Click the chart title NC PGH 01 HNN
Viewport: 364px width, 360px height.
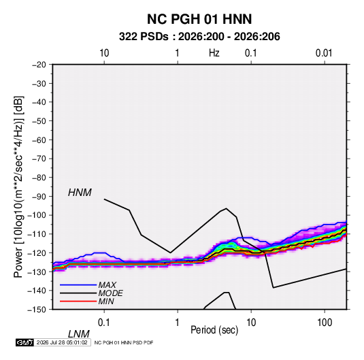(x=199, y=19)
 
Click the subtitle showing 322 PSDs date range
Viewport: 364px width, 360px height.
(x=199, y=37)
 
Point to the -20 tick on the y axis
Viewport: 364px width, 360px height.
(x=39, y=65)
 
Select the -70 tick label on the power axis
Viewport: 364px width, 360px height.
(x=39, y=159)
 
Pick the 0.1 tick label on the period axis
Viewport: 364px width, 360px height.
(x=104, y=322)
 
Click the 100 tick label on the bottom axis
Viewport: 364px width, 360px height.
(x=325, y=322)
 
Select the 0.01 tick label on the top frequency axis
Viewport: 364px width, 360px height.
(x=324, y=53)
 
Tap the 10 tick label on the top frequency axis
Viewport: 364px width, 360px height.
(x=104, y=53)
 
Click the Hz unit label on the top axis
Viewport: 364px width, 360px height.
(x=214, y=53)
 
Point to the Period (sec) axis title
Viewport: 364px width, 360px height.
(x=214, y=330)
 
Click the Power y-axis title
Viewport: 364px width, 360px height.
(x=18, y=187)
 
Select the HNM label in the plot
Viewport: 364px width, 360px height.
(x=80, y=193)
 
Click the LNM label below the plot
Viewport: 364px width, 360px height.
(x=78, y=334)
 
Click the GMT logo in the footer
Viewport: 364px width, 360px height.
(x=24, y=342)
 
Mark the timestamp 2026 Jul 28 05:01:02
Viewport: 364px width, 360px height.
(x=62, y=342)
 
